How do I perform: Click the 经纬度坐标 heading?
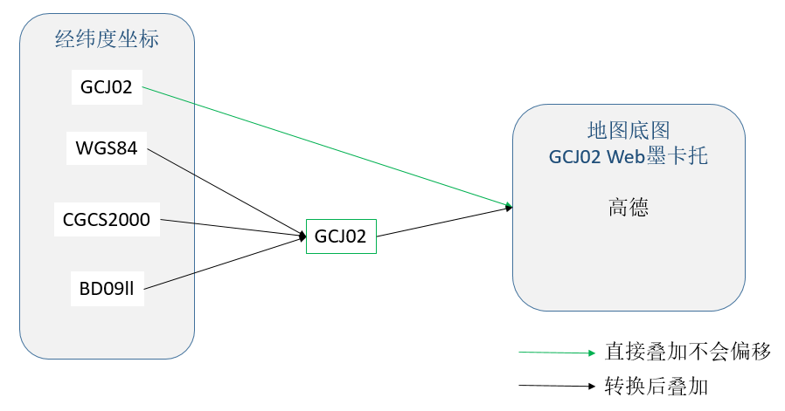pyautogui.click(x=108, y=39)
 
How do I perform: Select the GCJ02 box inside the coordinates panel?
pyautogui.click(x=107, y=87)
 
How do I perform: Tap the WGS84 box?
pyautogui.click(x=106, y=148)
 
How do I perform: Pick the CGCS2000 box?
pyautogui.click(x=107, y=219)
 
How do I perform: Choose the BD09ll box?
pyautogui.click(x=108, y=289)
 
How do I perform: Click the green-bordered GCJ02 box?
pyautogui.click(x=341, y=236)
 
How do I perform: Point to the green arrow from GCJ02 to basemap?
pyautogui.click(x=328, y=147)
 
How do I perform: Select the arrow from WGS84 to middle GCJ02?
pyautogui.click(x=226, y=193)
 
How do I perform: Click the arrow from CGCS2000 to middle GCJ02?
pyautogui.click(x=233, y=228)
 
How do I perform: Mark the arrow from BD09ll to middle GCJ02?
pyautogui.click(x=225, y=263)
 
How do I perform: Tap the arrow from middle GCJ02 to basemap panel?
pyautogui.click(x=445, y=222)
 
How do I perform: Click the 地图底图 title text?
pyautogui.click(x=629, y=131)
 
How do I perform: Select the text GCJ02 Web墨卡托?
pyautogui.click(x=629, y=156)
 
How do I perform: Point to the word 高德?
pyautogui.click(x=629, y=207)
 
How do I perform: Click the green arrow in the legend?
pyautogui.click(x=557, y=353)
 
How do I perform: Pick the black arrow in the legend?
pyautogui.click(x=557, y=386)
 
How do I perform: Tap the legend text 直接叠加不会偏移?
pyautogui.click(x=688, y=352)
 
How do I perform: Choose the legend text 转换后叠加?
pyautogui.click(x=656, y=386)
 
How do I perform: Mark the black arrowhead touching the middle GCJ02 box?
pyautogui.click(x=302, y=236)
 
